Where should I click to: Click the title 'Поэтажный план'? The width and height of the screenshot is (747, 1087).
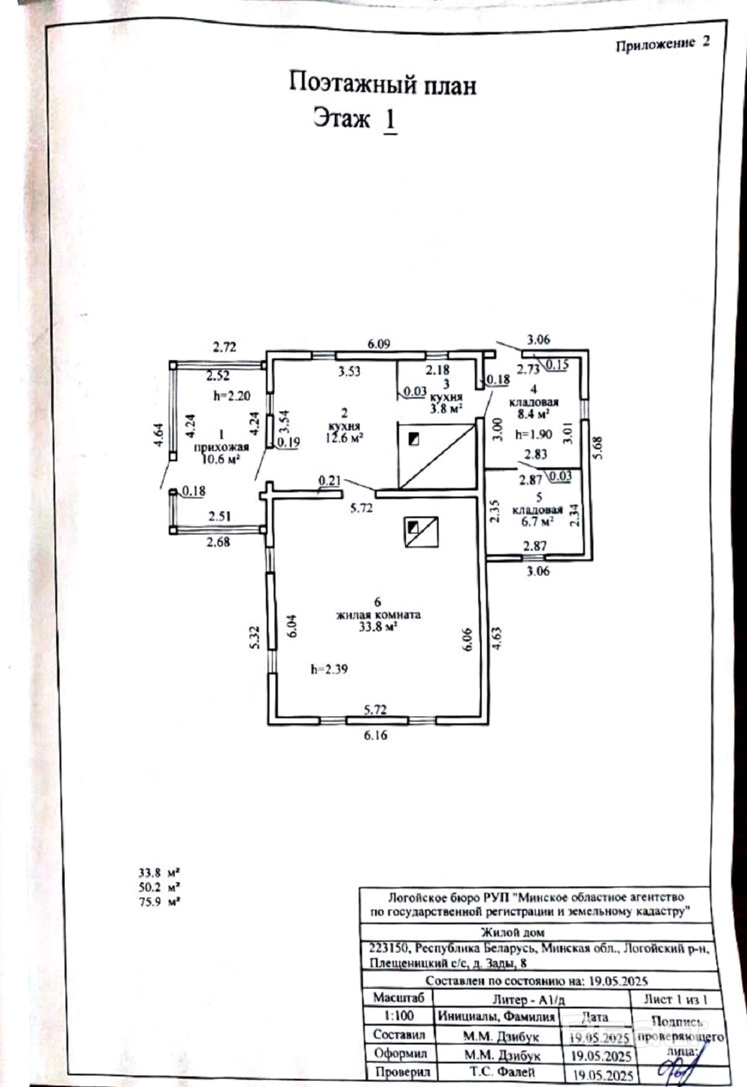[x=382, y=84]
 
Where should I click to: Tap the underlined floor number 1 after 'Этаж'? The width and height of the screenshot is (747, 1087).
[x=390, y=119]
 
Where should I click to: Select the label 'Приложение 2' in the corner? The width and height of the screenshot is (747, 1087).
[x=662, y=44]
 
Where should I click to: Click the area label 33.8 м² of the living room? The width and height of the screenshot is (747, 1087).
[x=378, y=627]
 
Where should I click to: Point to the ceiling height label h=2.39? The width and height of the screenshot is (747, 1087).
[x=329, y=669]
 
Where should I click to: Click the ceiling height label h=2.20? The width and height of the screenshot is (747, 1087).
[x=232, y=395]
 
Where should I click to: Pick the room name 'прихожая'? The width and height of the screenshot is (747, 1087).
[x=221, y=447]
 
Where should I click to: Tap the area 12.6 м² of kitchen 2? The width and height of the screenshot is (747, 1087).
[x=344, y=438]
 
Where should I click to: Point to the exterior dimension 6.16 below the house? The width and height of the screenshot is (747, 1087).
[x=375, y=735]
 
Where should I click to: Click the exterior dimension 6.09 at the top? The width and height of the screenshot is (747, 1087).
[x=378, y=344]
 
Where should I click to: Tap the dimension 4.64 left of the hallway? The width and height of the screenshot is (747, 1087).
[x=159, y=435]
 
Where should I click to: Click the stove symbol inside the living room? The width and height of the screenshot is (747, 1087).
[x=421, y=532]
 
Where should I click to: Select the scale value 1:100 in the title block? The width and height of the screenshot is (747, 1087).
[x=398, y=1016]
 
